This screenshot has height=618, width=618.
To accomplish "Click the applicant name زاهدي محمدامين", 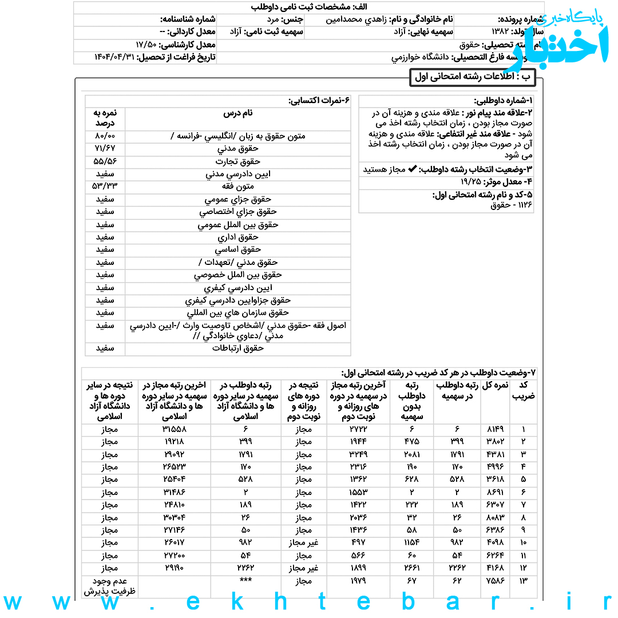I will tap(354, 19).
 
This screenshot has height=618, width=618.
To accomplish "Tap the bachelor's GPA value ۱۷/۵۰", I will tap(146, 45).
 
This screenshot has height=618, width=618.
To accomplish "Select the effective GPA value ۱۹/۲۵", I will tap(473, 181).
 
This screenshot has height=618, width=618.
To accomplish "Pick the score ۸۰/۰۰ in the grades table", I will tap(105, 136).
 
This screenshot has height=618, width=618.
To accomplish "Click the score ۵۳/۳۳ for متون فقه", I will tap(105, 187).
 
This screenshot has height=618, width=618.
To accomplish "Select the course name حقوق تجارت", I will tap(238, 161).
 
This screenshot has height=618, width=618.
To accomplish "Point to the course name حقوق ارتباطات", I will tap(238, 348).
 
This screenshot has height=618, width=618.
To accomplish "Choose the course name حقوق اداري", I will tap(238, 237).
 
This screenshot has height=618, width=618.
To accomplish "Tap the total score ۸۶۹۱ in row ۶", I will tap(495, 492).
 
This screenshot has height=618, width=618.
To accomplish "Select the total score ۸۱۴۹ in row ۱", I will tap(495, 429).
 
